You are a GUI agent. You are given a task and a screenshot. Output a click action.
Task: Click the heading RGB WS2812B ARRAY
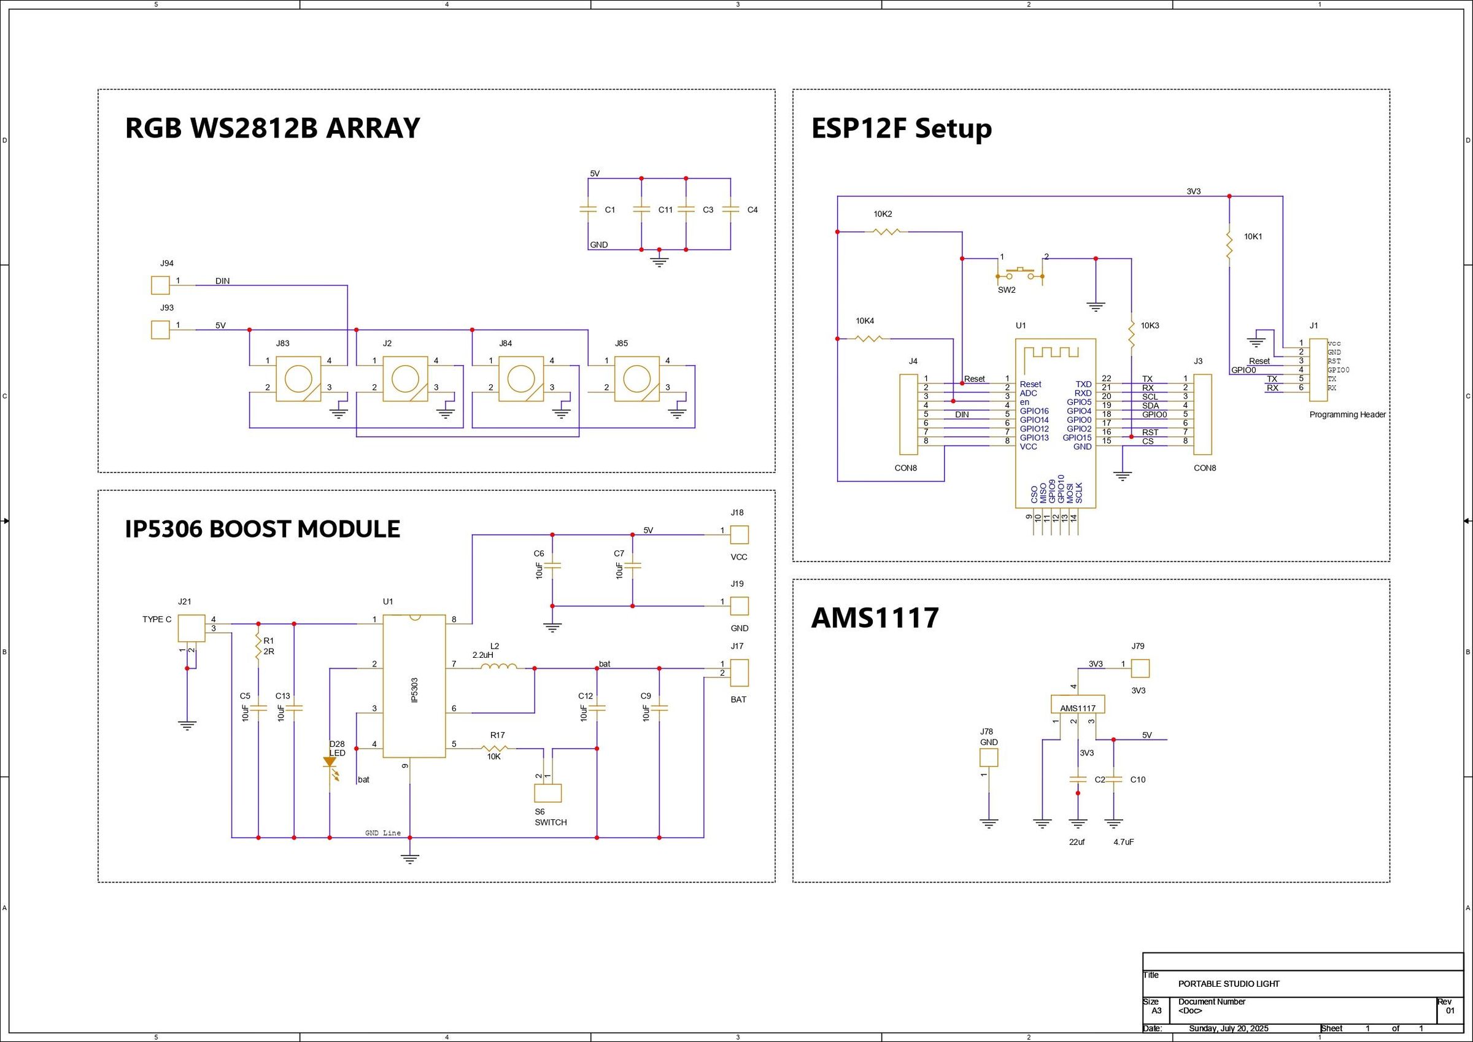coord(272,128)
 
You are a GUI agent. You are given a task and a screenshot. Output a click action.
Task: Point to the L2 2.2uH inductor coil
coord(499,667)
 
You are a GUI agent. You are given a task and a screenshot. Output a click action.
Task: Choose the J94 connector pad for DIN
coord(160,285)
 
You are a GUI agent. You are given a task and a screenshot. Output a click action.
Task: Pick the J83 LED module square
coord(298,379)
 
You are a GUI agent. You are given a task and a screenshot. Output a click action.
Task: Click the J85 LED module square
coord(637,379)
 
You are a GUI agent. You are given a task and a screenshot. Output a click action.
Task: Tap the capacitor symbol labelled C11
coord(641,209)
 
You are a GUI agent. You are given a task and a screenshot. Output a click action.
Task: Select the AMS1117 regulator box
coord(1078,704)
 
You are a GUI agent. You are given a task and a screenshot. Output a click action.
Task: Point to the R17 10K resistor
coord(494,748)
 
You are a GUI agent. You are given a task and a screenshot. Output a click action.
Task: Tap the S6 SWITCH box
coord(548,793)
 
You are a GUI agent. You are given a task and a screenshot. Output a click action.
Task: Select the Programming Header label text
coord(1347,414)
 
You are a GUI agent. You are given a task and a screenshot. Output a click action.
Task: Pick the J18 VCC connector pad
coord(739,535)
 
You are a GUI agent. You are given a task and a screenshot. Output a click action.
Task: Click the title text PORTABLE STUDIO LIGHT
coord(1229,984)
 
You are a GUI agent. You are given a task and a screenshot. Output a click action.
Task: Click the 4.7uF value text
coord(1123,842)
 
